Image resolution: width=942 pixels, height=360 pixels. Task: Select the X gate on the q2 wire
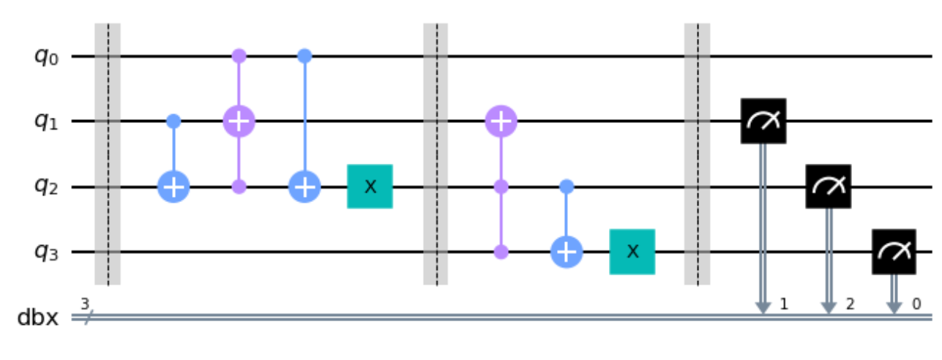click(370, 187)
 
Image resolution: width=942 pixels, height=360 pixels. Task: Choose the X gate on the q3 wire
click(632, 252)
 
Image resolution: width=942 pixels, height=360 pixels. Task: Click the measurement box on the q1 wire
click(763, 121)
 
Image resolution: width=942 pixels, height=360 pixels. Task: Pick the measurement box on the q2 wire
click(829, 187)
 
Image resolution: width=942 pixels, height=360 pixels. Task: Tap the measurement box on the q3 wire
click(894, 252)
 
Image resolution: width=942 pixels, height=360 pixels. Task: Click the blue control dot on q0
click(304, 56)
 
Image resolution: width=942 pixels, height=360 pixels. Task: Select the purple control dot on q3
click(501, 252)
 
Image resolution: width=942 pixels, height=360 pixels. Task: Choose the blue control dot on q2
click(567, 187)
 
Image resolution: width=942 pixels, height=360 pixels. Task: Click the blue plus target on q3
click(567, 252)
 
